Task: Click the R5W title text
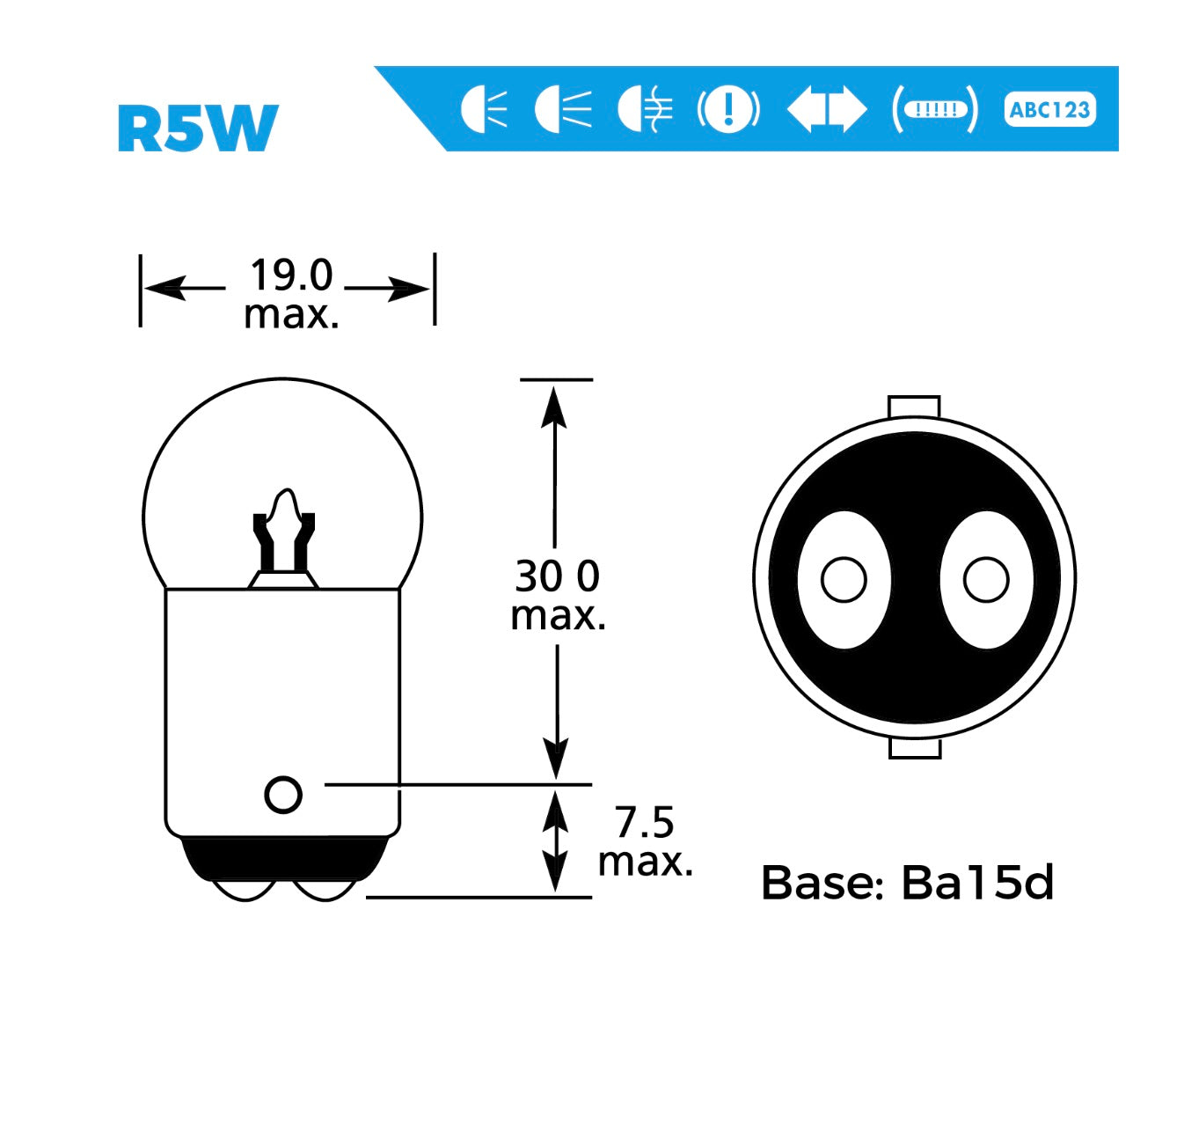pyautogui.click(x=198, y=128)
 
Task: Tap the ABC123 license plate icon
pyautogui.click(x=1049, y=110)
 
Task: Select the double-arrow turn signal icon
pyautogui.click(x=826, y=110)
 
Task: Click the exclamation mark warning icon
pyautogui.click(x=727, y=110)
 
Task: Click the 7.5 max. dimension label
pyautogui.click(x=645, y=841)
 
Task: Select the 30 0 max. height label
pyautogui.click(x=558, y=595)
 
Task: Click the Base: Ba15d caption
pyautogui.click(x=907, y=883)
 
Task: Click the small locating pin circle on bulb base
pyautogui.click(x=283, y=795)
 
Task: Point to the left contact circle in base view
pyautogui.click(x=844, y=580)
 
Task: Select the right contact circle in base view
pyautogui.click(x=986, y=580)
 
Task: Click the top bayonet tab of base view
pyautogui.click(x=915, y=407)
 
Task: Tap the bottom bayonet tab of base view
pyautogui.click(x=915, y=749)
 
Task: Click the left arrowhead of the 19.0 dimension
pyautogui.click(x=164, y=288)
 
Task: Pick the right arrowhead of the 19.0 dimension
pyautogui.click(x=409, y=288)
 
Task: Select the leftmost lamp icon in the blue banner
pyautogui.click(x=484, y=110)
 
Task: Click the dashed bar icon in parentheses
pyautogui.click(x=935, y=110)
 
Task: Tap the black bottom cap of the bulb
pyautogui.click(x=283, y=858)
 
